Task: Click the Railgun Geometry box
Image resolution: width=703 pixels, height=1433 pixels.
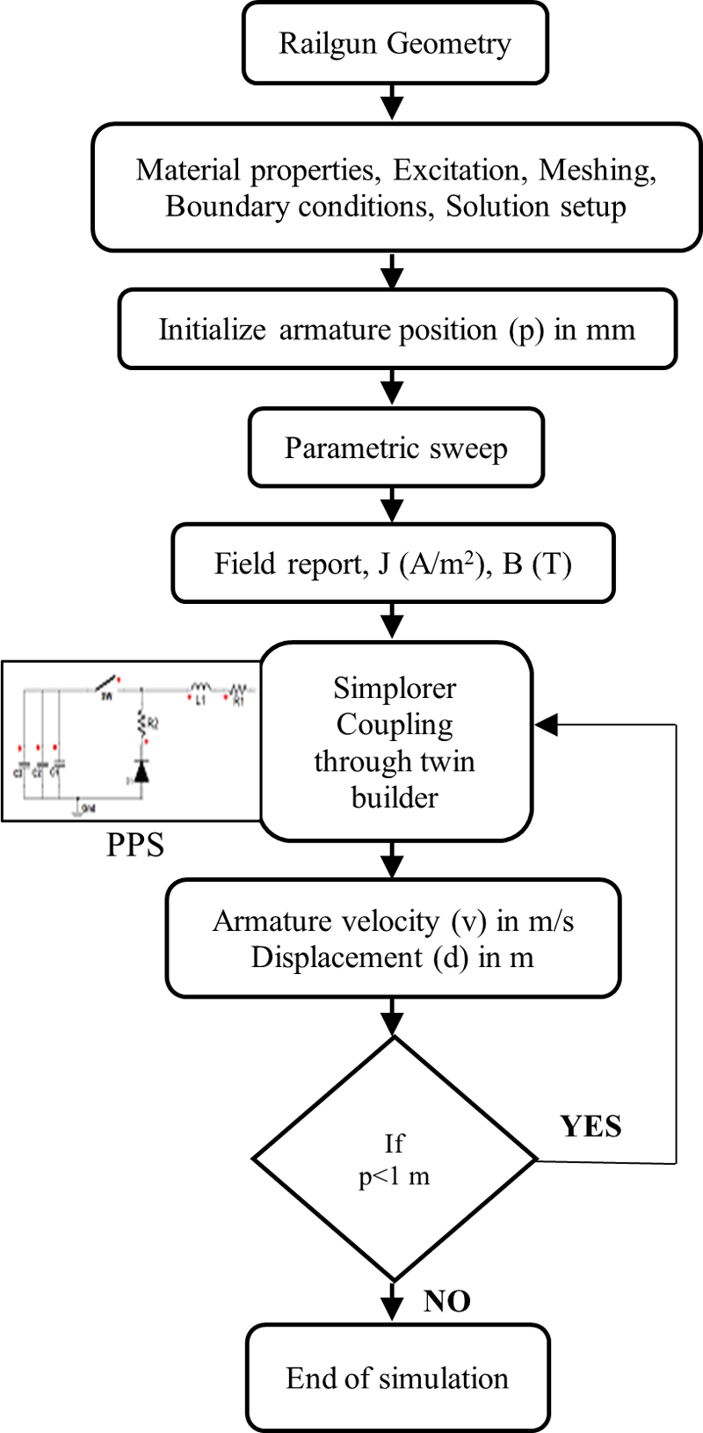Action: coord(395,43)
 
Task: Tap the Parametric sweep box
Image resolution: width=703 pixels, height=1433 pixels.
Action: coord(395,447)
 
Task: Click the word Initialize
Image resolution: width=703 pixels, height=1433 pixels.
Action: coord(212,330)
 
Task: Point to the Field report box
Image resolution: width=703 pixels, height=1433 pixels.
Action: coord(393,564)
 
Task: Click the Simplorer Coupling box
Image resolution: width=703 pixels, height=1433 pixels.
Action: coord(395,742)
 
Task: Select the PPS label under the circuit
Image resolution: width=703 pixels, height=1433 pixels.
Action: coord(135,844)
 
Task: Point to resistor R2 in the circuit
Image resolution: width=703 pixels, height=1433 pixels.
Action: coord(141,723)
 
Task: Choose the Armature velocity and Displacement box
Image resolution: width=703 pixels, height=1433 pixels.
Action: coord(393,938)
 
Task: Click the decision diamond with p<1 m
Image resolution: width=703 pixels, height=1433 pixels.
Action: coord(395,1159)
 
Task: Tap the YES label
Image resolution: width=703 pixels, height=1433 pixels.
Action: coord(591,1126)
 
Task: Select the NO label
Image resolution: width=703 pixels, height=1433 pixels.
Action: coord(446,1300)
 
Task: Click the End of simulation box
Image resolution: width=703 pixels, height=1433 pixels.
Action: coord(397,1378)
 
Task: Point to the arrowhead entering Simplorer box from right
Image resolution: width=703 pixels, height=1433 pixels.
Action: coord(547,725)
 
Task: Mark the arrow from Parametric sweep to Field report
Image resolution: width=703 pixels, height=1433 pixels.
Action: coord(393,505)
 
